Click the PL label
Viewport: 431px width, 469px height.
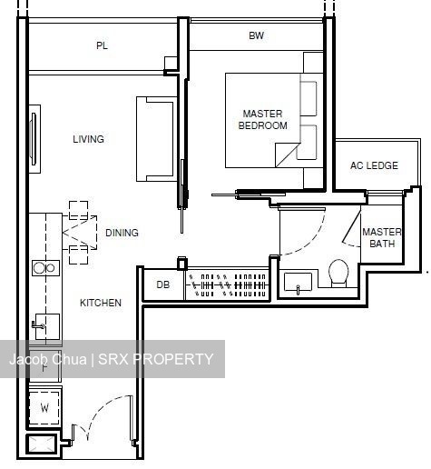click(102, 45)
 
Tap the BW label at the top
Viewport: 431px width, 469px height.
click(256, 35)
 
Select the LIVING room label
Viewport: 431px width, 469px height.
click(88, 139)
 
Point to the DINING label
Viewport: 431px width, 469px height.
click(122, 233)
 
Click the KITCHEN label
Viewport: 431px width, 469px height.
click(101, 303)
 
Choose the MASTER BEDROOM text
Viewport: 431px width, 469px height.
click(262, 120)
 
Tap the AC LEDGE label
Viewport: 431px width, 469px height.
click(374, 165)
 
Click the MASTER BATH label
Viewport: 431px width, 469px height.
click(382, 238)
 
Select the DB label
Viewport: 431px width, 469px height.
click(162, 284)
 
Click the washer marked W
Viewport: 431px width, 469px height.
click(44, 408)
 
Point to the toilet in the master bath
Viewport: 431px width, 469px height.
click(338, 273)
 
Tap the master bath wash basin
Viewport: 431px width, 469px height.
click(298, 282)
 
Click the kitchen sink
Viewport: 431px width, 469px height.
click(47, 326)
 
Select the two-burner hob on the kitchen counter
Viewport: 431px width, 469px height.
click(45, 268)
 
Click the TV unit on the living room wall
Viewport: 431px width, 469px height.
click(34, 139)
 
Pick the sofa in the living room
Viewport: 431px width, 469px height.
click(156, 139)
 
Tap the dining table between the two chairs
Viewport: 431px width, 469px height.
click(80, 233)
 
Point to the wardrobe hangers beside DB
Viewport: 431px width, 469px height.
click(227, 284)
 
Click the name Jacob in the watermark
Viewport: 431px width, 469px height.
click(28, 359)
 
